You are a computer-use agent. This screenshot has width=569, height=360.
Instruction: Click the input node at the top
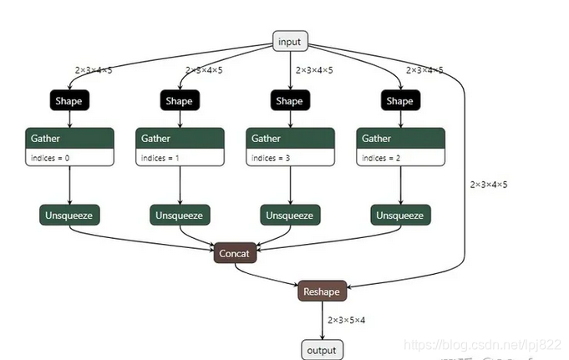pyautogui.click(x=291, y=41)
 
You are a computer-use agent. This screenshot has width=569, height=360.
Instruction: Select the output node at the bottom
pyautogui.click(x=323, y=349)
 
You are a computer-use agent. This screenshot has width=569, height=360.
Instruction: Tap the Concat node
pyautogui.click(x=235, y=253)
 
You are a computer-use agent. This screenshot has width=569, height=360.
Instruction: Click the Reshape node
pyautogui.click(x=322, y=291)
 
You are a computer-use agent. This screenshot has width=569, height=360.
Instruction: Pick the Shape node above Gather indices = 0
pyautogui.click(x=69, y=101)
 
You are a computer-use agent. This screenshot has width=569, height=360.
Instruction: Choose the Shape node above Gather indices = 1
pyautogui.click(x=179, y=101)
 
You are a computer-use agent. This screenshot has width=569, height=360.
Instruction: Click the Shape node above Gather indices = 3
pyautogui.click(x=289, y=101)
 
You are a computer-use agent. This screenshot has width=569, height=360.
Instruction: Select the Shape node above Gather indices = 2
pyautogui.click(x=399, y=101)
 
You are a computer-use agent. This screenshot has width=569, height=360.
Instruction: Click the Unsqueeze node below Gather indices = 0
pyautogui.click(x=69, y=215)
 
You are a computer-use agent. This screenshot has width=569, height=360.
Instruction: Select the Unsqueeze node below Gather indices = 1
pyautogui.click(x=179, y=215)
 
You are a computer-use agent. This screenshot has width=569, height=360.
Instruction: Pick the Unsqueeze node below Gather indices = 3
pyautogui.click(x=289, y=215)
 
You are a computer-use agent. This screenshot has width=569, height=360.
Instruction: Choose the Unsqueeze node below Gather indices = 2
pyautogui.click(x=399, y=215)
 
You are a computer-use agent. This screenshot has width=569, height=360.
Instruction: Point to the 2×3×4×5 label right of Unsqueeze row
pyautogui.click(x=488, y=185)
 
